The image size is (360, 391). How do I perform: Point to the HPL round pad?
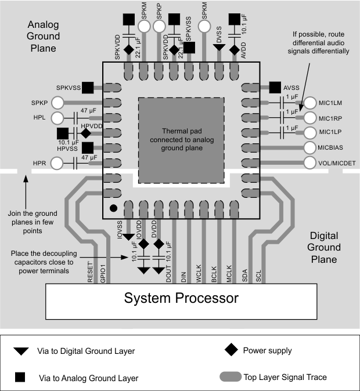click(57, 118)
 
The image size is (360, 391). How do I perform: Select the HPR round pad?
click(57, 164)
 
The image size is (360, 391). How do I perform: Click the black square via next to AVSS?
click(275, 88)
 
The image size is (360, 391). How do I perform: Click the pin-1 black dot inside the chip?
click(114, 207)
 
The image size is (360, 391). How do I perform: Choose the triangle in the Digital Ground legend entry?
click(21, 352)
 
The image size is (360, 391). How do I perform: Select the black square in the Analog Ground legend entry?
click(21, 378)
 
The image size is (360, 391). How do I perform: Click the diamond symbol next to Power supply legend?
click(232, 350)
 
